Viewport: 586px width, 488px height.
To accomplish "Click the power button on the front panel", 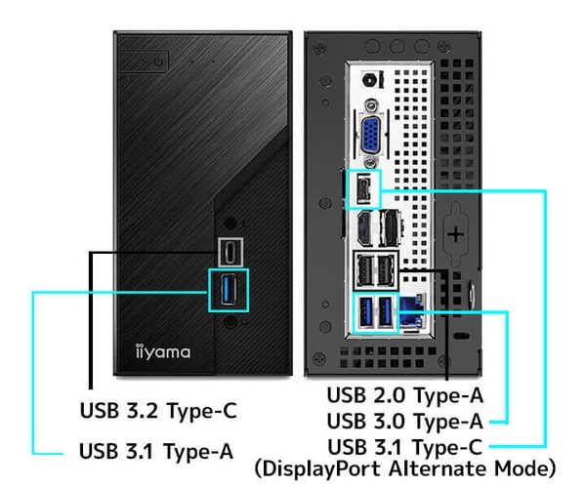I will click(160, 61).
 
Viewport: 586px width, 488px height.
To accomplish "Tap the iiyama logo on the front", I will click(162, 350).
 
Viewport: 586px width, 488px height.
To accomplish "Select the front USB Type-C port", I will click(230, 251).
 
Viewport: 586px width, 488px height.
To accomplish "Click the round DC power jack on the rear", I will click(371, 82).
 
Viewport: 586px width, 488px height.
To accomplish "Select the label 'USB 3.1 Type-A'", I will click(156, 451).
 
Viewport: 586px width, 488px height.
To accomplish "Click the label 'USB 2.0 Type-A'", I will click(405, 395).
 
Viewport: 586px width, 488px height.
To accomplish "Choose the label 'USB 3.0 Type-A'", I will click(405, 421).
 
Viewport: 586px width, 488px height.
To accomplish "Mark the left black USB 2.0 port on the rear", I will click(364, 267).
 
